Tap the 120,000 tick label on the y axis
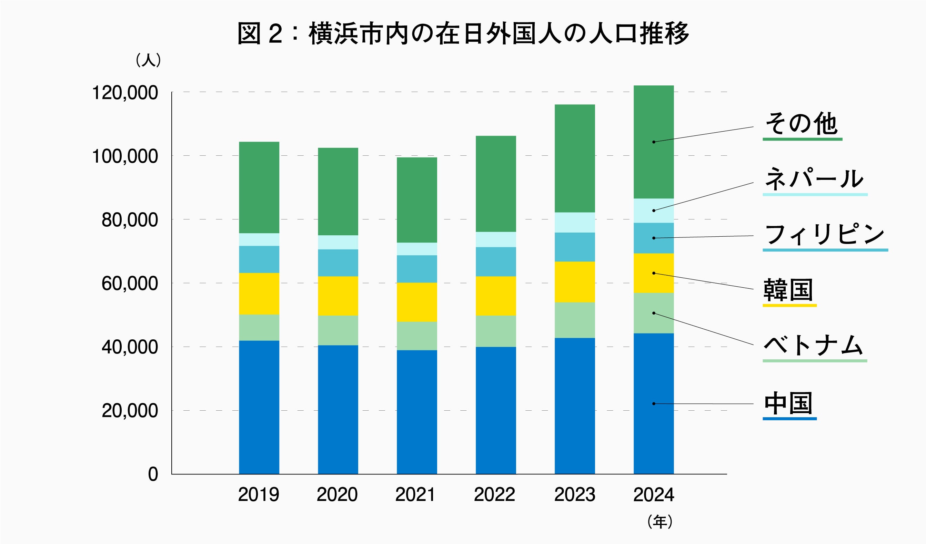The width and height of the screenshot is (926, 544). click(x=124, y=93)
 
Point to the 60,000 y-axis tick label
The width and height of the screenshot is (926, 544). click(x=129, y=284)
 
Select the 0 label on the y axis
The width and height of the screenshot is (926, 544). click(x=153, y=474)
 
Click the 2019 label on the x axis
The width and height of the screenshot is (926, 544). click(x=259, y=494)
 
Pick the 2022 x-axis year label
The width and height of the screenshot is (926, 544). click(x=495, y=494)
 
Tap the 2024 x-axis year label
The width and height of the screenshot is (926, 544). click(x=654, y=494)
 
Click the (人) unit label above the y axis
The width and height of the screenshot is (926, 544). click(x=149, y=60)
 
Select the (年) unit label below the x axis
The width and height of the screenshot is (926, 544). click(x=660, y=522)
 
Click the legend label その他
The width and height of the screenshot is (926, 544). click(x=802, y=123)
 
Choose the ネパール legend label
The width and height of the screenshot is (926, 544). click(x=814, y=179)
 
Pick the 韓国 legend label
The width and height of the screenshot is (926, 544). click(x=788, y=290)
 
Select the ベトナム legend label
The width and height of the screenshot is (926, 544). click(x=814, y=345)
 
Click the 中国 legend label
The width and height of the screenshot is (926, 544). click(x=788, y=403)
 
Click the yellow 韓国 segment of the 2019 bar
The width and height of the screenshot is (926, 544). click(x=259, y=294)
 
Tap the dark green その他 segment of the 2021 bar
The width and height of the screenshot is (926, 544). click(x=417, y=200)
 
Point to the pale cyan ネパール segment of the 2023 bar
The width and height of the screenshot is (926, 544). click(x=575, y=222)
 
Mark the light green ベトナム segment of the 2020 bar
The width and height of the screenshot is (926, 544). click(x=338, y=330)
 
